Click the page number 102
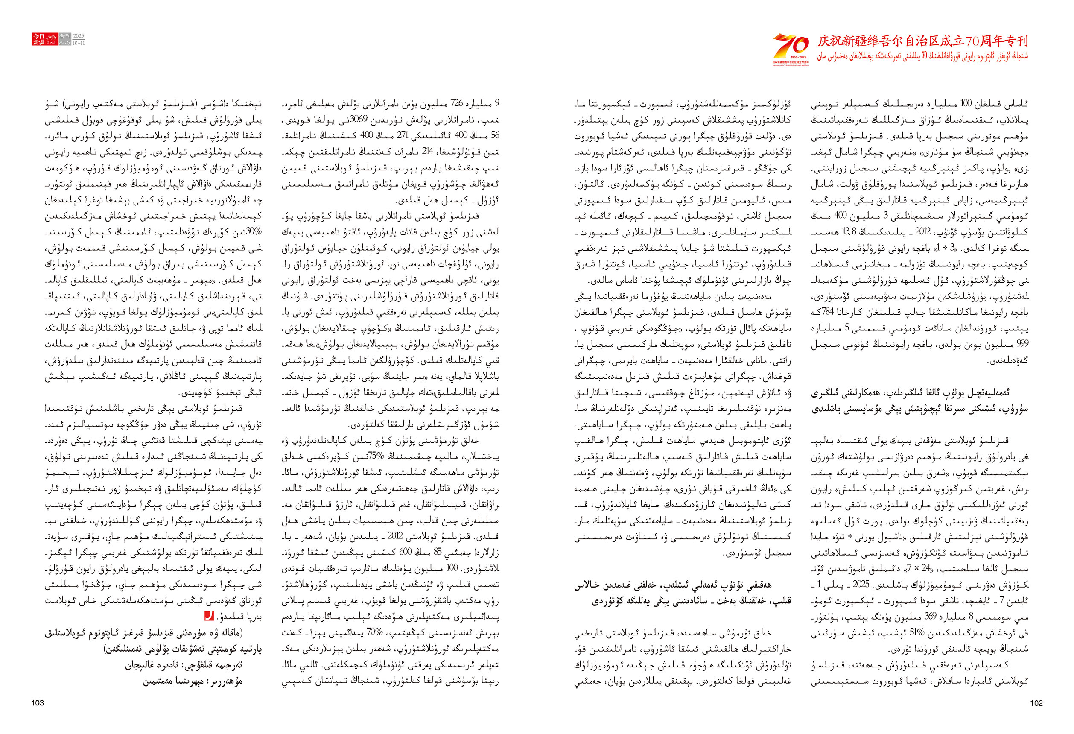coord(1036,703)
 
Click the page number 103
coord(38,703)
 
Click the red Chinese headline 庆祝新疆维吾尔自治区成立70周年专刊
coord(922,41)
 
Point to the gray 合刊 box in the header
coord(65,36)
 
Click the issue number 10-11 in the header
coord(79,43)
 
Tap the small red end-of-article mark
coord(209,616)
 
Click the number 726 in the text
coord(457,102)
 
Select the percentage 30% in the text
coord(254,231)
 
